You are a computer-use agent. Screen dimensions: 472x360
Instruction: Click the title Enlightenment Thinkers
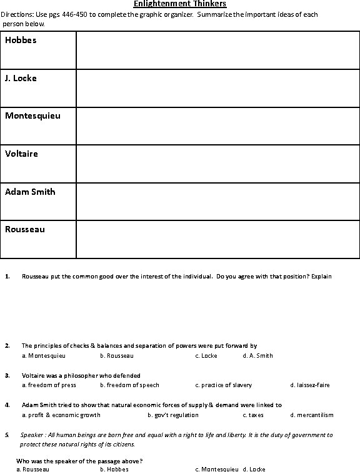coord(180,4)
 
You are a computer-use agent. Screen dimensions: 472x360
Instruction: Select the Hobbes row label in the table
coord(21,41)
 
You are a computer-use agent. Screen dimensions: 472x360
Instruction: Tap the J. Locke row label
coord(21,79)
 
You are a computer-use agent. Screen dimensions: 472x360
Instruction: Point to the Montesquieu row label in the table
coord(32,116)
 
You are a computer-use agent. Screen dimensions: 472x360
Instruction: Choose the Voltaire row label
coord(21,154)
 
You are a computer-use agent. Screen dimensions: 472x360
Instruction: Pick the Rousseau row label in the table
coord(24,229)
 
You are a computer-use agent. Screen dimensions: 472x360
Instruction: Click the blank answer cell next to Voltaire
coord(217,164)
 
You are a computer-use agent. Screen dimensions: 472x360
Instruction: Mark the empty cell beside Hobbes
coord(217,50)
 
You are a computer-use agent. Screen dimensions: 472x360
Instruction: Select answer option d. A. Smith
coord(257,356)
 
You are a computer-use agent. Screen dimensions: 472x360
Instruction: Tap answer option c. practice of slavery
coord(223,385)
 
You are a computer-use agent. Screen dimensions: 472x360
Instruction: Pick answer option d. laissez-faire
coord(310,385)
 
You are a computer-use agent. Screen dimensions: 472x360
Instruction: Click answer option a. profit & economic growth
coord(61,415)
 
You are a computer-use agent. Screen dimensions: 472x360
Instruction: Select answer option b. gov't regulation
coord(173,415)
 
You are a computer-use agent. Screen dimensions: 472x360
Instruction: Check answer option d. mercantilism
coord(312,415)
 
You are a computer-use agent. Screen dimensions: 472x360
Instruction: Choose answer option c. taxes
coord(253,415)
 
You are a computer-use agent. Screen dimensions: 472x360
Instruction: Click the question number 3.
coord(7,375)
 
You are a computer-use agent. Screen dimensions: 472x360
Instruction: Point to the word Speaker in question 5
coord(31,435)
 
